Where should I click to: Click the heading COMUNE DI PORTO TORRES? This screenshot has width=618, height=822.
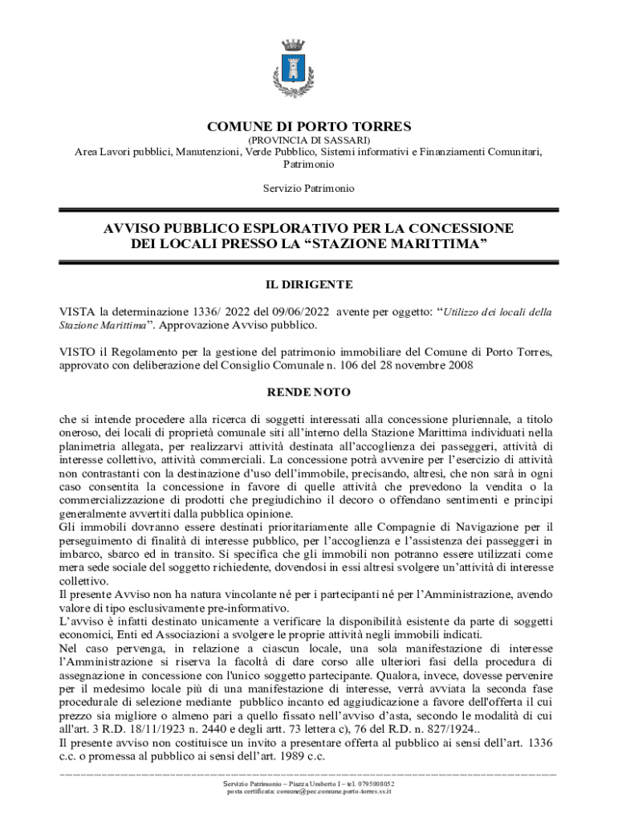tap(309, 127)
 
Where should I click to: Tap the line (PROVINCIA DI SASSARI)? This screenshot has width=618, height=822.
tap(309, 140)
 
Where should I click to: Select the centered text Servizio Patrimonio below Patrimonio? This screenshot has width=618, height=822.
tap(309, 188)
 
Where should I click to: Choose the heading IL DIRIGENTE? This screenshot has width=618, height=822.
tap(309, 284)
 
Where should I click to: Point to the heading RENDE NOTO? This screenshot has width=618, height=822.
tap(309, 392)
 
